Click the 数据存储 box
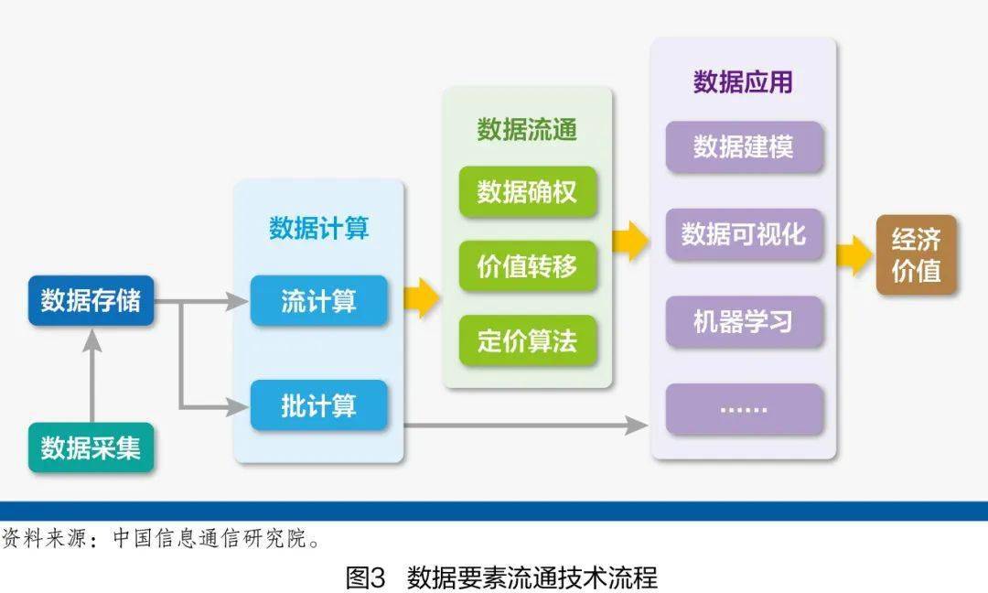91,300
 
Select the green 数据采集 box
91,447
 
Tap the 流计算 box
318,300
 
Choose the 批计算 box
318,405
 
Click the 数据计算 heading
318,228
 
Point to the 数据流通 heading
527,130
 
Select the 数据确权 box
527,192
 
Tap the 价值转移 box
527,266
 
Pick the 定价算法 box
527,340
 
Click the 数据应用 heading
743,82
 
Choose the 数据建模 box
743,146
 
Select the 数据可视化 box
743,234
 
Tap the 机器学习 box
743,322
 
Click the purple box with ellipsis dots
743,409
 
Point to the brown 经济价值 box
916,255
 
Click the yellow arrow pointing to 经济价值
855,255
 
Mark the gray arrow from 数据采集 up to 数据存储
91,375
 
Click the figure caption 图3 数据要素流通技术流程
501,577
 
